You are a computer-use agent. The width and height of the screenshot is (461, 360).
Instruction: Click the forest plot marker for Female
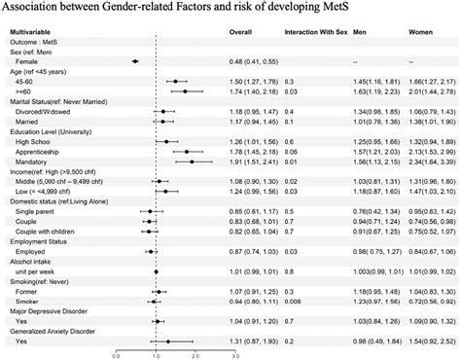click(135, 61)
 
